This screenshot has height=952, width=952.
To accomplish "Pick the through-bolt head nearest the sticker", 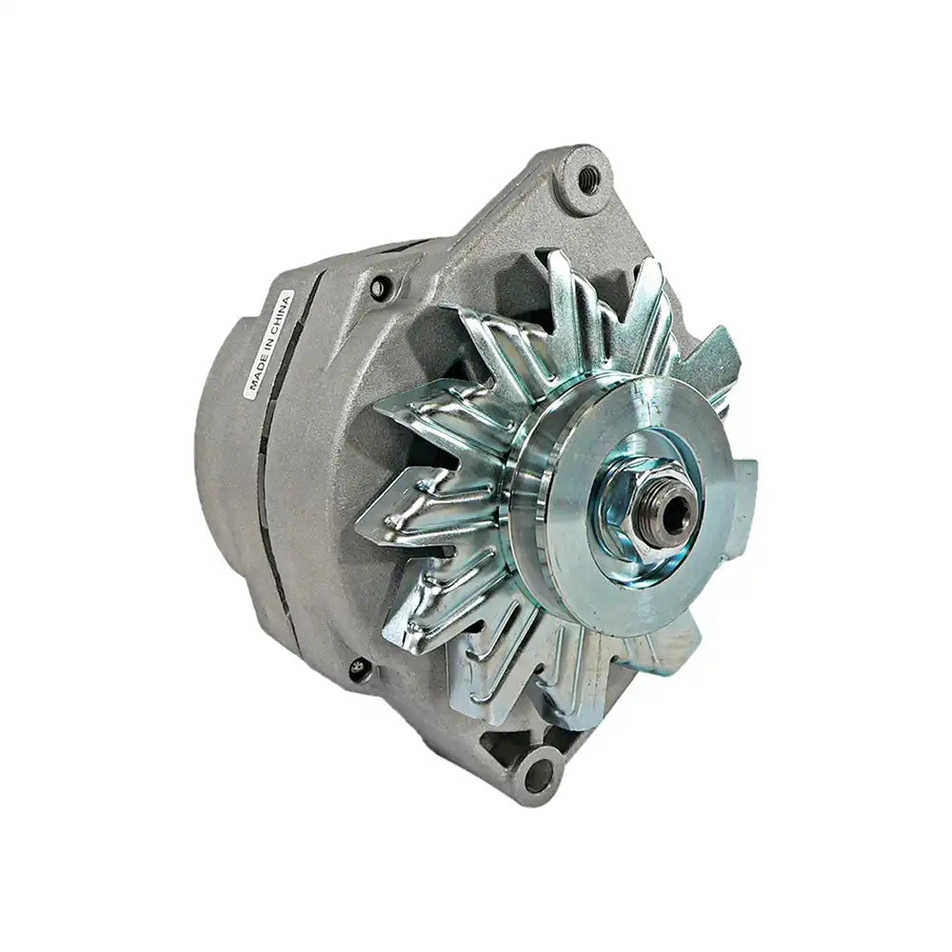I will [381, 286].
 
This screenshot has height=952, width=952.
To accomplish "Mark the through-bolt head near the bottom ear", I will [359, 669].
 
